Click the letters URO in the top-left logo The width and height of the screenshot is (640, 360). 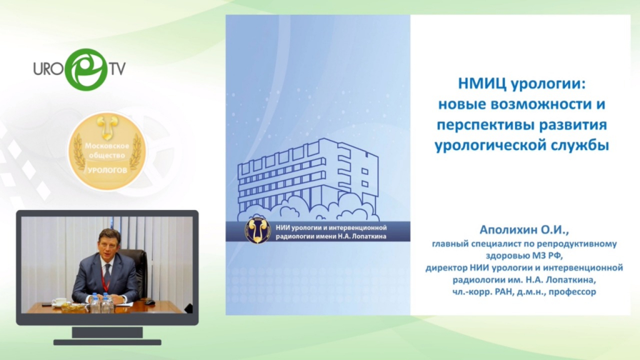click(x=49, y=69)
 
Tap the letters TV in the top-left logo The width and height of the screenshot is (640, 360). click(x=117, y=69)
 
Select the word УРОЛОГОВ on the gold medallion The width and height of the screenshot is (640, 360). click(x=107, y=170)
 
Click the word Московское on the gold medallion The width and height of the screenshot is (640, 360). click(x=107, y=146)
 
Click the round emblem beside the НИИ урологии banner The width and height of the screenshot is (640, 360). click(x=257, y=231)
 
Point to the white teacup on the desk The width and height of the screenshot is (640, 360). click(x=60, y=302)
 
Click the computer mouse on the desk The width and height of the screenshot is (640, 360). click(x=149, y=302)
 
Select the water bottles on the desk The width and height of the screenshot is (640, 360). click(x=101, y=302)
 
